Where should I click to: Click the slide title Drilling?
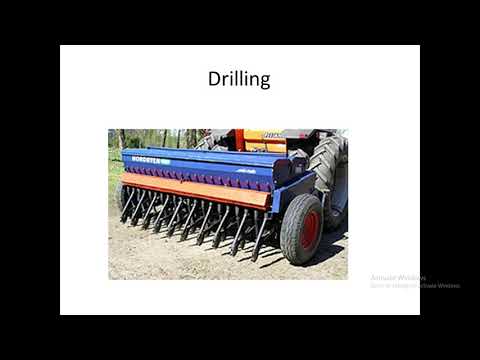pos(238,79)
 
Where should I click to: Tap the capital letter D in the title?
pos(213,79)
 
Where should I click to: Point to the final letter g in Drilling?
pos(264,82)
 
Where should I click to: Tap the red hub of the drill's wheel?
pos(309,230)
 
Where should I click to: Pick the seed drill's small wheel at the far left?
pos(121,196)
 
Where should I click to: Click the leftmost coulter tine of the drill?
pos(127,205)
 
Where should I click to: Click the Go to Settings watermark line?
pos(415,286)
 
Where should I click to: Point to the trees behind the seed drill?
pos(150,137)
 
